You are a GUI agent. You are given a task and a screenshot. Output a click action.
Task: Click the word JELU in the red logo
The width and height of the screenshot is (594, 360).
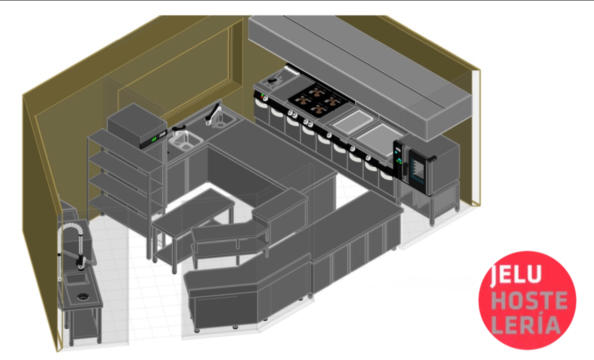click(516, 274)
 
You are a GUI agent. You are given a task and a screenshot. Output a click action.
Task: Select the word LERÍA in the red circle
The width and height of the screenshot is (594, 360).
click(526, 325)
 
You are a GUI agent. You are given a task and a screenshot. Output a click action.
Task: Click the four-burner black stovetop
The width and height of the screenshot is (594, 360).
click(318, 98)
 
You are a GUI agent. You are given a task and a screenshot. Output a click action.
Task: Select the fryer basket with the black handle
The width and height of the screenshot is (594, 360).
click(273, 80)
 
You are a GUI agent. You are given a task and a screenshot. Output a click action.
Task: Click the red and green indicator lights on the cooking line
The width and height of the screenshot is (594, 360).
click(262, 95)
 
